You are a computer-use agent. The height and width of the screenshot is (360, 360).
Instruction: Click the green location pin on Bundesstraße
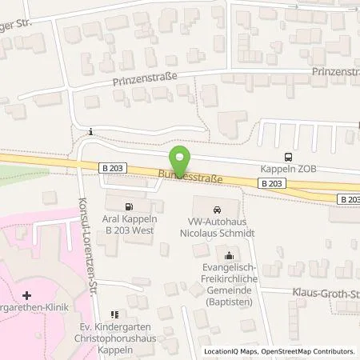(x=179, y=156)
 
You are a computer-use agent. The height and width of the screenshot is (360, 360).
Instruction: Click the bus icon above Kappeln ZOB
(x=288, y=158)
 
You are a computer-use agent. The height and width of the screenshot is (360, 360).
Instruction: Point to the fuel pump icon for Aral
(x=131, y=206)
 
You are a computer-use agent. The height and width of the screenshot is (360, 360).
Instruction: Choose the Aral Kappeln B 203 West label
(x=131, y=224)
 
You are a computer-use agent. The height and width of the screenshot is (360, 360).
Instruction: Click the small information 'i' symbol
(x=91, y=132)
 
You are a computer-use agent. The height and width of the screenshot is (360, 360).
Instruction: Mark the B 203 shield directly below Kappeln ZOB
(x=270, y=183)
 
